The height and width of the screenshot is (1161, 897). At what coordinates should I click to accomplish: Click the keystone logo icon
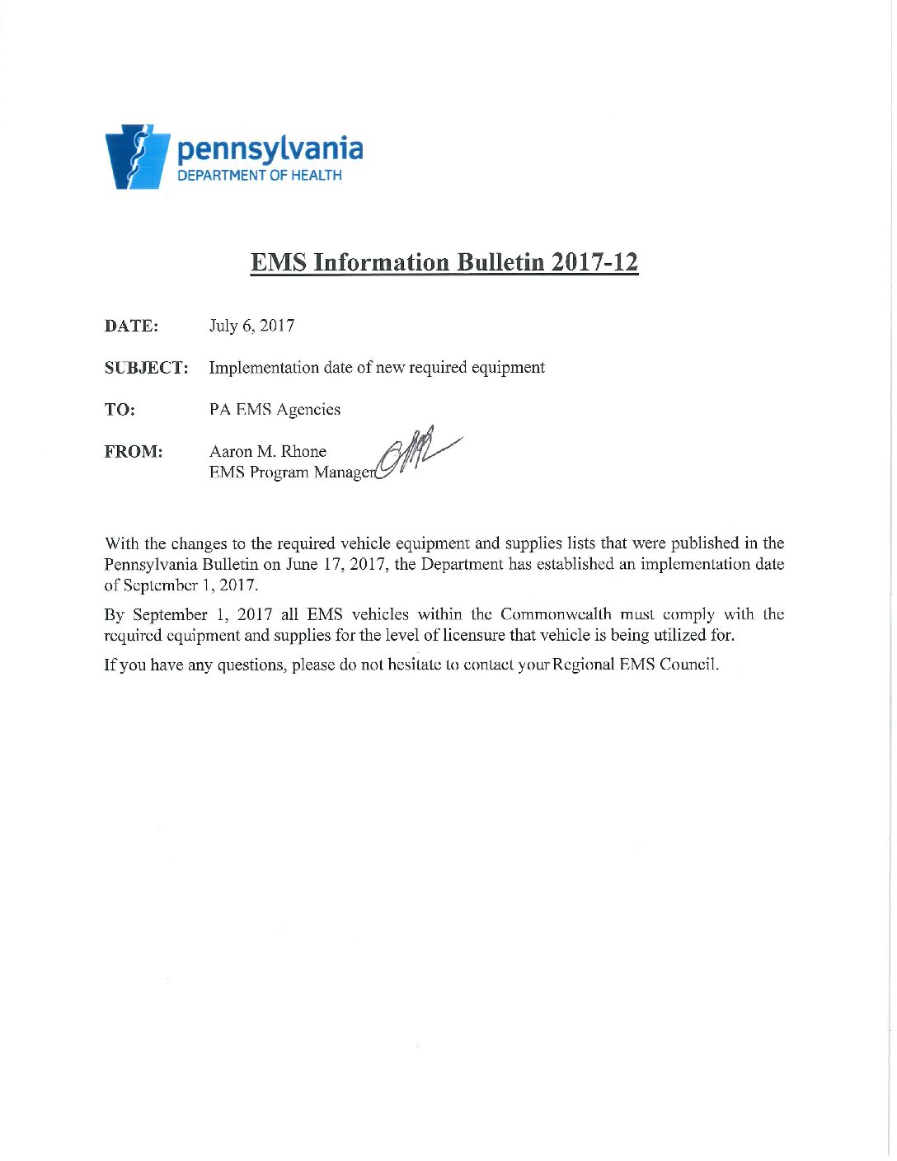click(137, 157)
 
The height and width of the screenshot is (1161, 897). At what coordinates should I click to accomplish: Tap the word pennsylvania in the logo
click(270, 148)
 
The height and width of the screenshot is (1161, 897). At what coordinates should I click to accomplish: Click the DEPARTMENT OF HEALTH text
click(260, 175)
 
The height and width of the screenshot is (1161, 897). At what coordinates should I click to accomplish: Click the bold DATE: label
click(131, 326)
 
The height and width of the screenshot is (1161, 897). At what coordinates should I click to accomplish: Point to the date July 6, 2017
click(251, 326)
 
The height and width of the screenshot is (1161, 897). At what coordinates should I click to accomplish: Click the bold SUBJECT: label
click(146, 368)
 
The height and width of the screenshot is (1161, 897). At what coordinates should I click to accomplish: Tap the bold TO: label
click(120, 410)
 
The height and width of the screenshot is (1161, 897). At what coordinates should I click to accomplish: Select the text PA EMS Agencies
click(275, 410)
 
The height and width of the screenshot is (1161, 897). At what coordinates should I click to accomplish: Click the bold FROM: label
click(134, 452)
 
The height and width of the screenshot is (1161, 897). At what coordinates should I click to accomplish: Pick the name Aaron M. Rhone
click(268, 452)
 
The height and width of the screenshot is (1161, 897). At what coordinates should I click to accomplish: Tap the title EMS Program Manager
click(292, 472)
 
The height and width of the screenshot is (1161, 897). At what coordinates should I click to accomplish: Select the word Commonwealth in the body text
click(556, 614)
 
